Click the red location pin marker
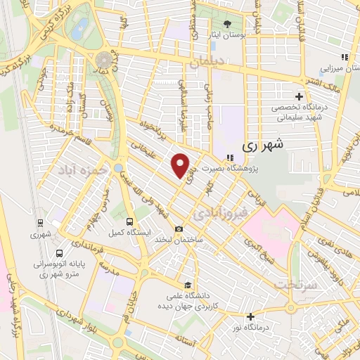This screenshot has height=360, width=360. (x=181, y=166)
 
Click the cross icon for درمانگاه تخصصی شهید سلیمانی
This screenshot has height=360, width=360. (x=299, y=96)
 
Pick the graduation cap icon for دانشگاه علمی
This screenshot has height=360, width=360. (x=187, y=285)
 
